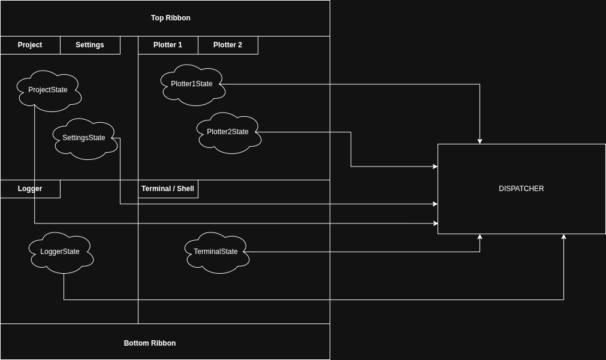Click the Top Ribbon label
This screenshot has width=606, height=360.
click(170, 18)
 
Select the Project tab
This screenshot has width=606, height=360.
click(30, 45)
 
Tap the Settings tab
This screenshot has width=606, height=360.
click(90, 45)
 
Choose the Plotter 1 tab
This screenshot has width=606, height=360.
click(168, 45)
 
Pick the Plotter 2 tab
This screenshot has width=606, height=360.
click(228, 45)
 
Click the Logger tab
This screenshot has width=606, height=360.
click(30, 189)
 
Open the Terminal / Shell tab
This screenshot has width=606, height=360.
click(168, 189)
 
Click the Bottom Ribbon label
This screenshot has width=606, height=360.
click(150, 343)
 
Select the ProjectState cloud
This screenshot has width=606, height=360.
click(48, 90)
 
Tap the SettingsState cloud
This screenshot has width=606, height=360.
click(84, 138)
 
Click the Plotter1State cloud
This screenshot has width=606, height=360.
click(192, 84)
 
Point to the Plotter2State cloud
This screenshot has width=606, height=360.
click(228, 132)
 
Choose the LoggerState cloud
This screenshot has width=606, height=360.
click(60, 252)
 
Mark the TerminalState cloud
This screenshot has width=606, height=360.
click(216, 252)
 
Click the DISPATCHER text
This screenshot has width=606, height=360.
click(521, 189)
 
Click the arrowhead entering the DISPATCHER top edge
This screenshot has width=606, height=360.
click(480, 141)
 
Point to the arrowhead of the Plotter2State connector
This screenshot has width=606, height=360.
click(435, 167)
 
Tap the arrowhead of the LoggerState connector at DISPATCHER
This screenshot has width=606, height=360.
click(563, 237)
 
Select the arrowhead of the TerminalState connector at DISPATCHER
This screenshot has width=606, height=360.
click(480, 237)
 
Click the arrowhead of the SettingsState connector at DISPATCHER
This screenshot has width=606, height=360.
click(435, 204)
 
